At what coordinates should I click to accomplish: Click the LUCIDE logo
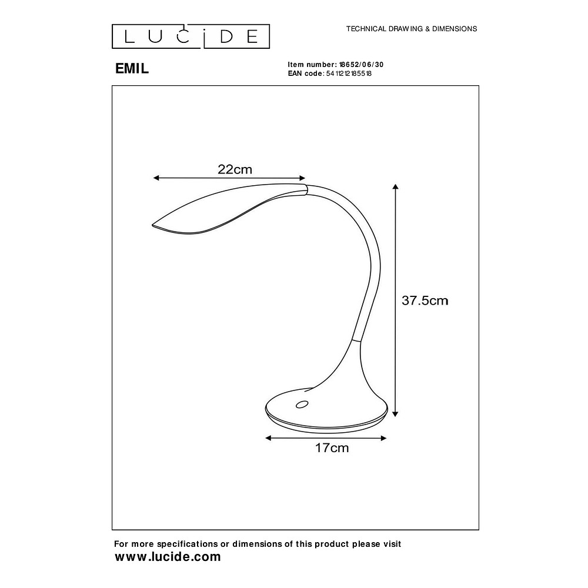191,36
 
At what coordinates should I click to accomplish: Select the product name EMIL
132,68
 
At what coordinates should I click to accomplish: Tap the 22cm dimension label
235,169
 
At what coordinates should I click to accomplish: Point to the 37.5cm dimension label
425,300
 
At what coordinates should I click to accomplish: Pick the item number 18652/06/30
362,65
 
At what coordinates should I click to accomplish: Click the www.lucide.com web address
168,557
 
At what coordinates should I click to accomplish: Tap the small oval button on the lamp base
302,404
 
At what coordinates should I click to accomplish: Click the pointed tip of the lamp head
153,225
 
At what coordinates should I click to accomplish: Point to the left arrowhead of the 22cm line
156,178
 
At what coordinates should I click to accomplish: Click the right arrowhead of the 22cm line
303,178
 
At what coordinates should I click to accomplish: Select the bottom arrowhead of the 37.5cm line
396,413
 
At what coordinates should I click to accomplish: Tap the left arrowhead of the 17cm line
268,438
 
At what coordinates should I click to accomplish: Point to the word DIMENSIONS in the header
453,28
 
